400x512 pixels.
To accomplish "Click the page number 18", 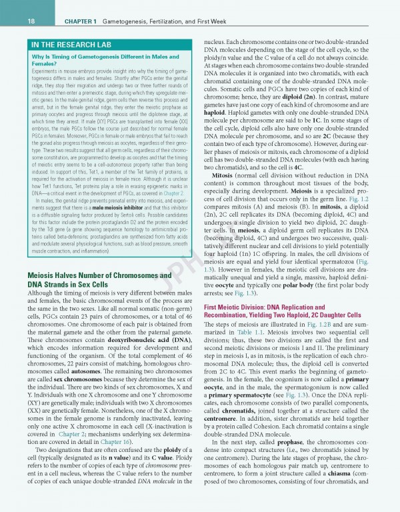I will [x=13, y=21].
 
